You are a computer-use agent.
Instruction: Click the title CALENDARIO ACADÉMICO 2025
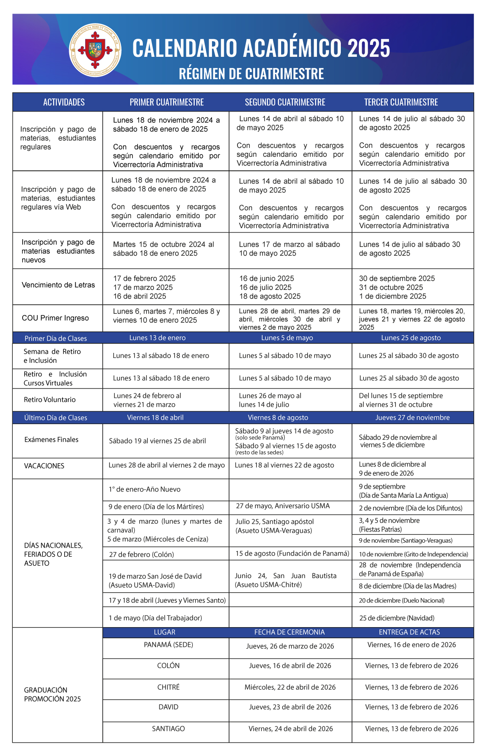[261, 48]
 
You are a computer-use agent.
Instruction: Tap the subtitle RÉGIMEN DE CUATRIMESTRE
[251, 74]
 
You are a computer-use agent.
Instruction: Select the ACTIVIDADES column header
[64, 102]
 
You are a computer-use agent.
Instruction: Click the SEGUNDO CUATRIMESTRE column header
[285, 102]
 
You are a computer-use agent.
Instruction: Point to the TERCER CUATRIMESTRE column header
[401, 102]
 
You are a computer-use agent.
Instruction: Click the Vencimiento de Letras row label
[58, 285]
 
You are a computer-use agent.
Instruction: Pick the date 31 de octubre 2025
[391, 287]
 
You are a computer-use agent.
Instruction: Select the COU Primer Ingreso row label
[55, 318]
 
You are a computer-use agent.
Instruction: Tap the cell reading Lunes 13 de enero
[157, 338]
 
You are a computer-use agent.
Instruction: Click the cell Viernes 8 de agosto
[278, 418]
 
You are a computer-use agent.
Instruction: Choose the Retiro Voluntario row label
[50, 400]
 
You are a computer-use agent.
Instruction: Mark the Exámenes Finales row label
[51, 440]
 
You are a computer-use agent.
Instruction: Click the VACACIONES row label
[44, 466]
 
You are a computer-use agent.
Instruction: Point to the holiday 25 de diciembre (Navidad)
[397, 618]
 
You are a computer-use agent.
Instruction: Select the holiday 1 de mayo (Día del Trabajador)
[155, 618]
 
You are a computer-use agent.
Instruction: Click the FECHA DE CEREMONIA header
[289, 632]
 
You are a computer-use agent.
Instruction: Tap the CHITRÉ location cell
[168, 687]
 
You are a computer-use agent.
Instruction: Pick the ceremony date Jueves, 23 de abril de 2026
[290, 707]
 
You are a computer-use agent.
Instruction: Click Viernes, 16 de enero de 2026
[412, 645]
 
